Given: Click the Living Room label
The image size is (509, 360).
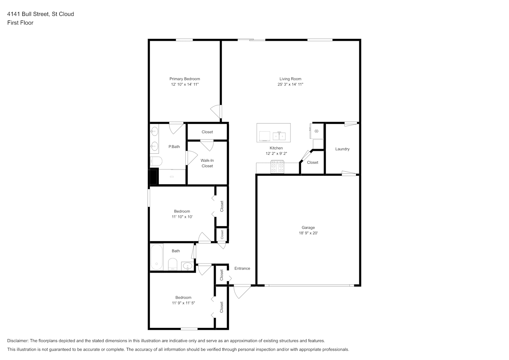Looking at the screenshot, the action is (x=290, y=79).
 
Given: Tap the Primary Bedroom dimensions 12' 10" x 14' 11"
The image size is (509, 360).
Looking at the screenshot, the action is (x=185, y=84).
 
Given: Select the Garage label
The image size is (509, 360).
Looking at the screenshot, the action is (x=308, y=228).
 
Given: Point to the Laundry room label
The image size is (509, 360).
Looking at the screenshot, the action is (x=342, y=149).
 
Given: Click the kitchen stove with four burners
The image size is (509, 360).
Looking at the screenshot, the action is (x=277, y=167).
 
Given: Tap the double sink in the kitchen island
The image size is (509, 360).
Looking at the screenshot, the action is (x=279, y=136).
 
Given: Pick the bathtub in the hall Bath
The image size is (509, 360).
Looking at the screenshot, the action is (x=157, y=257).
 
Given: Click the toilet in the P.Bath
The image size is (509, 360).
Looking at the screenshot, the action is (x=156, y=161).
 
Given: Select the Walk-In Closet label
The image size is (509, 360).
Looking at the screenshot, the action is (x=207, y=163).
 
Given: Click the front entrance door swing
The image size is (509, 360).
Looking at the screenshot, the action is (x=242, y=292).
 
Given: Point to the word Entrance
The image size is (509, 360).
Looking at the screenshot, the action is (x=242, y=269).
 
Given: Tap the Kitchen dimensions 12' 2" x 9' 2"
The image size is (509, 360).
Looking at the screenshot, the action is (x=276, y=154).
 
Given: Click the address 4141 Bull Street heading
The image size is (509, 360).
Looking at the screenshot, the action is (x=40, y=14).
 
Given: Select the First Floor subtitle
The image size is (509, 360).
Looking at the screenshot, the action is (x=20, y=23).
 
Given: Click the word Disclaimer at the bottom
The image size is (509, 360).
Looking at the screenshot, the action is (x=18, y=341).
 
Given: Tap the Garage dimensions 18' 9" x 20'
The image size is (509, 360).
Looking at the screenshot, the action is (x=308, y=233).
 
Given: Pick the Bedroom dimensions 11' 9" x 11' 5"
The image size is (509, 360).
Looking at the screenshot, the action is (x=183, y=303).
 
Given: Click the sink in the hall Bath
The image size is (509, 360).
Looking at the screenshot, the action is (x=188, y=266).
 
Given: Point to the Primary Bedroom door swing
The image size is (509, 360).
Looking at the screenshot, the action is (x=216, y=112).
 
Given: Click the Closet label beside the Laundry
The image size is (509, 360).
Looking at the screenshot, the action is (x=312, y=162).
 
